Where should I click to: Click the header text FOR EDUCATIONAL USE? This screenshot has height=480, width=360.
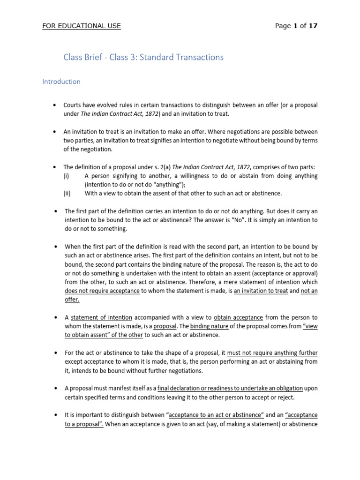tap(82, 26)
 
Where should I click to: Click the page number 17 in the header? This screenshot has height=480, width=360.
tap(313, 26)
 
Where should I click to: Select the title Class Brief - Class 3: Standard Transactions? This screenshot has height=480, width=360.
tap(143, 58)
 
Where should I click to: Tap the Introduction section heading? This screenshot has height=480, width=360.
tap(61, 82)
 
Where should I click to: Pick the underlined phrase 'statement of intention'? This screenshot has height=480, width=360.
tap(102, 317)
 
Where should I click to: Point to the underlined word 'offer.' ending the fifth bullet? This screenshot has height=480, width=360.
tap(72, 300)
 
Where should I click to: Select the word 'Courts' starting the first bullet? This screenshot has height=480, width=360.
tap(73, 105)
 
